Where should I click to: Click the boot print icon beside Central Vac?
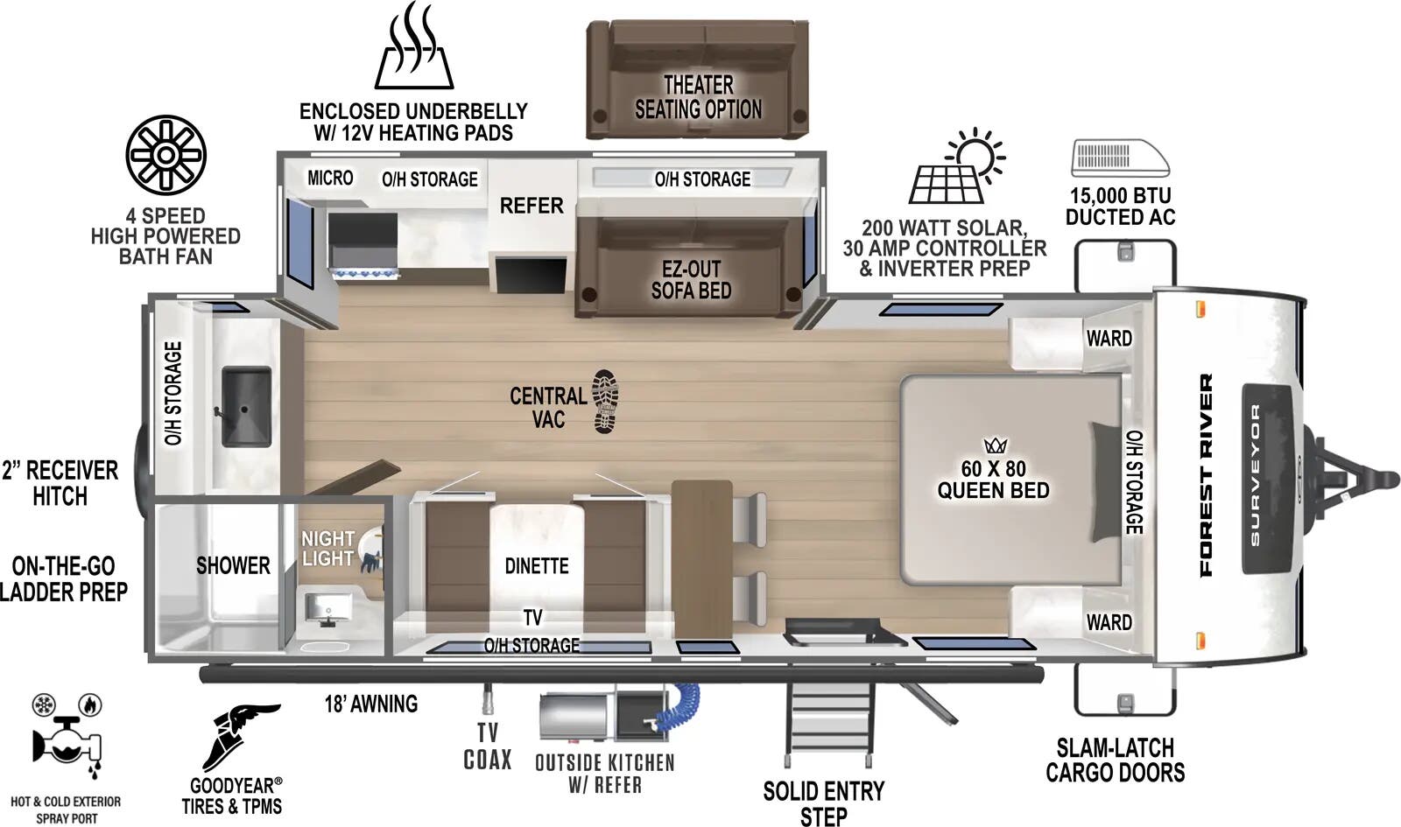pos(605,401)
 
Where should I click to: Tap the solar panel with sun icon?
pos(955,168)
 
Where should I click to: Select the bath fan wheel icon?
pos(165,155)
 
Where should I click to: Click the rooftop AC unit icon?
pos(1120,158)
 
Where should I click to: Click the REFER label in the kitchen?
pos(532,206)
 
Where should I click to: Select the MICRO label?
pos(330,178)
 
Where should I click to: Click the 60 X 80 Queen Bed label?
pos(993,480)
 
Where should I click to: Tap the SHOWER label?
pos(233,565)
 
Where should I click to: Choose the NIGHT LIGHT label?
pos(327,549)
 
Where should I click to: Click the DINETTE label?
pos(537,566)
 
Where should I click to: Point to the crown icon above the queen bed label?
pos(996,445)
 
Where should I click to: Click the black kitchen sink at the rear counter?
pos(245,407)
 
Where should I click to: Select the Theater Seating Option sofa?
pos(697,81)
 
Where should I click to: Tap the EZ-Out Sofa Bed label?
pos(691,280)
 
